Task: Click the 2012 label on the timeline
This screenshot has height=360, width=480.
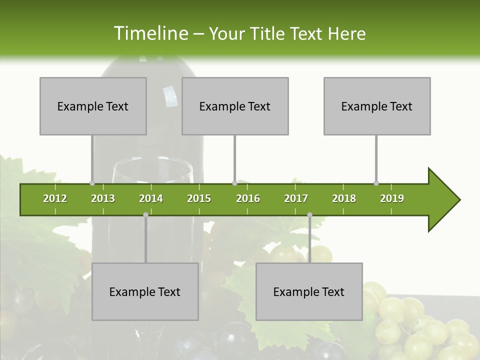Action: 55,198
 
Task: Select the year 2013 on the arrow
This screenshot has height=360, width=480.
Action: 103,198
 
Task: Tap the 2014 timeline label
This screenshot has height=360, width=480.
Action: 151,198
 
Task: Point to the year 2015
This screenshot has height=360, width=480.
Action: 199,198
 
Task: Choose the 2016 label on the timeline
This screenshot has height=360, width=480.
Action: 248,198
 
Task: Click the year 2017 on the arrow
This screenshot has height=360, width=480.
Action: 296,198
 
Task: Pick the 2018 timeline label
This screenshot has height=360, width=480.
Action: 344,198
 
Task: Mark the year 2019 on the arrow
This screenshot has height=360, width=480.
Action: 392,198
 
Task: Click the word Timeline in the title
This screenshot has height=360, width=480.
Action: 150,33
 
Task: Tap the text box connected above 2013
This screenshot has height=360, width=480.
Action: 93,106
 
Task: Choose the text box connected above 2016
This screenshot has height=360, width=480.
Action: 235,106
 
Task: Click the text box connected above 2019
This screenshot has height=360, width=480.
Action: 377,106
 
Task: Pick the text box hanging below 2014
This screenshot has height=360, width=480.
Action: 145,291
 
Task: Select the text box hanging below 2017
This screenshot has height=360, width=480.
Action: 309,291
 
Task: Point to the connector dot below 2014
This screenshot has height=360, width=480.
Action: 145,215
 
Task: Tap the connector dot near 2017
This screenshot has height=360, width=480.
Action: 309,215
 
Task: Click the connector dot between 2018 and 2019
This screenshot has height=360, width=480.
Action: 376,183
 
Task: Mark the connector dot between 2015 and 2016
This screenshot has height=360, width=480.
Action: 234,183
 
